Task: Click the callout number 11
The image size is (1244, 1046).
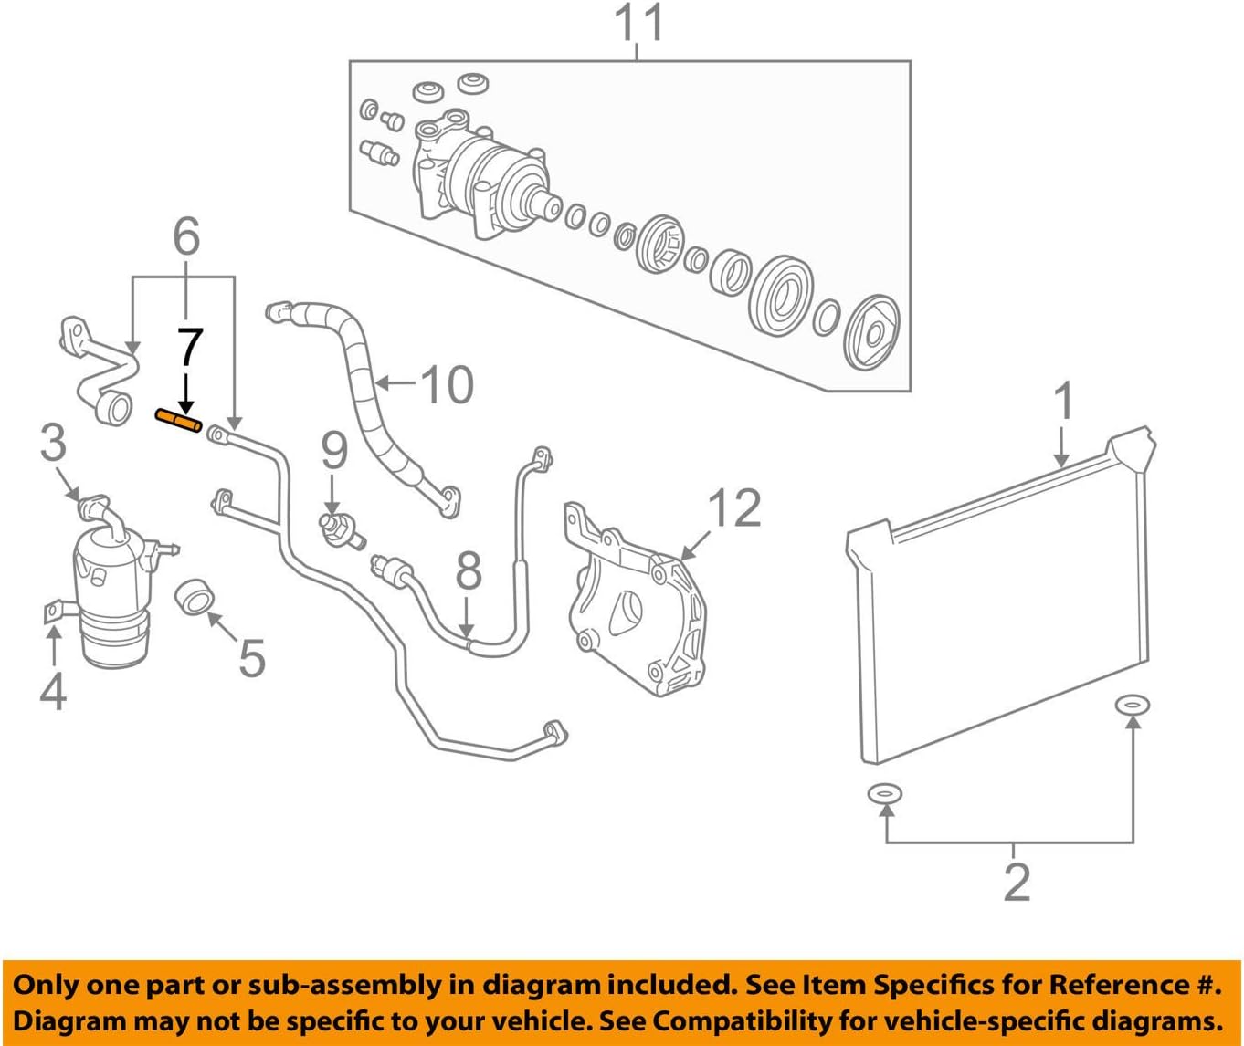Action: coord(637,25)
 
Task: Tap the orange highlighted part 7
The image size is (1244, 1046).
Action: coord(178,421)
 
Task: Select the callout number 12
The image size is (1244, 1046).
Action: coord(733,507)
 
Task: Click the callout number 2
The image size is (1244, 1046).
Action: coord(1016,881)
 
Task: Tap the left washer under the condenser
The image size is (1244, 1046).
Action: coord(885,794)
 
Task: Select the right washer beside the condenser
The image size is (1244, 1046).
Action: coord(1133,705)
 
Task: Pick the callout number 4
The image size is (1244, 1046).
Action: coord(53,690)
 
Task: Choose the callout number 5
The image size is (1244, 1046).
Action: coord(251,657)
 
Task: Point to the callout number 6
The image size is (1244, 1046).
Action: coord(185,237)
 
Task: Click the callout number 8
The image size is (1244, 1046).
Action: coord(468,572)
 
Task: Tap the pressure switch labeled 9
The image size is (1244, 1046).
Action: coord(338,527)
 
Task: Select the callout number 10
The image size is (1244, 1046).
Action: coord(447,384)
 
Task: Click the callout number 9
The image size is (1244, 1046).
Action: coord(334,451)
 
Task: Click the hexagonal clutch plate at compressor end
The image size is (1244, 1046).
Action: coord(872,332)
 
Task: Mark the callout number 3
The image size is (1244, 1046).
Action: coord(53,443)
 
